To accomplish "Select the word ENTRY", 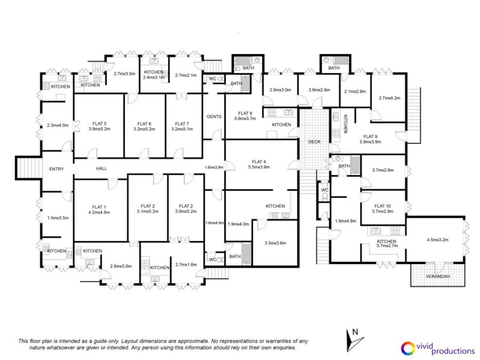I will pos(56,169).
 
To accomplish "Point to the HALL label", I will pos(101,169).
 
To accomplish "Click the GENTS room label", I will pos(214,116).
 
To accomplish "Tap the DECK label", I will pos(314,142).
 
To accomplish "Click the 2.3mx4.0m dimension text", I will pos(58,125).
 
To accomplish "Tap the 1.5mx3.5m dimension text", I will pos(58,218).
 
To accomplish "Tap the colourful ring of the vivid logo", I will pos(408,347).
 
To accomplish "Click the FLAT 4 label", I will pos(259,161).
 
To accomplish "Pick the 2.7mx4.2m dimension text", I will pos(389,98).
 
